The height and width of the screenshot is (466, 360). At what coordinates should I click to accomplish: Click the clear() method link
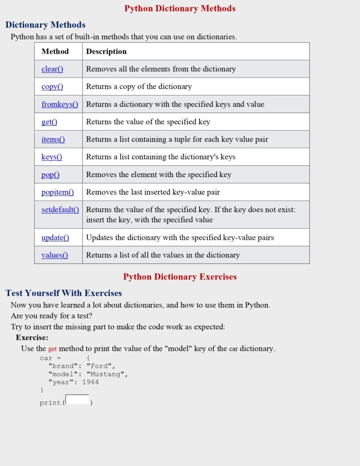[52, 69]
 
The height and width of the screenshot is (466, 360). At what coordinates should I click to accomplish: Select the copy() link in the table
[52, 86]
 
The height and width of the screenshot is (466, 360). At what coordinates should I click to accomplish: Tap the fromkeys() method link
[60, 104]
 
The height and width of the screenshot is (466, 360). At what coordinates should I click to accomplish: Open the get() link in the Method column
[49, 122]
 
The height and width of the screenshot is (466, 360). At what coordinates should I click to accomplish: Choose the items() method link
[53, 139]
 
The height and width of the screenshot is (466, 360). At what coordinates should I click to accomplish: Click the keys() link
[51, 157]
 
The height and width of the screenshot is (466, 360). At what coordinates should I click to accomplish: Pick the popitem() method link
[51, 174]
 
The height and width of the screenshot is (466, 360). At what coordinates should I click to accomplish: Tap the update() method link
[55, 238]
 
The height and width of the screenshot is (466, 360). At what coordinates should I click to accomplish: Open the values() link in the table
[55, 255]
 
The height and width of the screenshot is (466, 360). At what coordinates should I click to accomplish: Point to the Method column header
[55, 51]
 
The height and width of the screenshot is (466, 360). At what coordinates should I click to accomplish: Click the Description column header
[106, 51]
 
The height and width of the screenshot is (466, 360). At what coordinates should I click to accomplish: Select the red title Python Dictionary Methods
[180, 8]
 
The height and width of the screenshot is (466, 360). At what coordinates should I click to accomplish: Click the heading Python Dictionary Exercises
[180, 277]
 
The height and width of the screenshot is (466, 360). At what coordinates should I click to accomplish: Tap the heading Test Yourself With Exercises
[64, 293]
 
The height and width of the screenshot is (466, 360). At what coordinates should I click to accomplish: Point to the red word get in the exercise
[52, 349]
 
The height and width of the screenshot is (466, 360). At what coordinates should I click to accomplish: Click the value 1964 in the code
[90, 382]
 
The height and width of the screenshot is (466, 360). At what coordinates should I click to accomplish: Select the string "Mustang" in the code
[107, 374]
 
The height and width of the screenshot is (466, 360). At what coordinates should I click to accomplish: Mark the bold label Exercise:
[32, 338]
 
